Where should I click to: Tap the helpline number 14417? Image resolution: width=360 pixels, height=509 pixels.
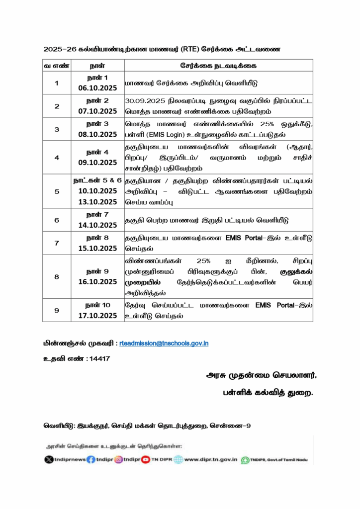[x=98, y=358]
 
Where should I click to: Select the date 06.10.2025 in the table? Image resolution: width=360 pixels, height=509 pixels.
[x=97, y=87]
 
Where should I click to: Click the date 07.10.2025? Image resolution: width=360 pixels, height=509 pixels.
[x=97, y=111]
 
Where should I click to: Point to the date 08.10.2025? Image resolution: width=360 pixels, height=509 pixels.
[x=97, y=134]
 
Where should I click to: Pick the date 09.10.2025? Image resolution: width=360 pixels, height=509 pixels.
[x=97, y=162]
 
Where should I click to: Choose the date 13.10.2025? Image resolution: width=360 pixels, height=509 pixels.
[x=97, y=202]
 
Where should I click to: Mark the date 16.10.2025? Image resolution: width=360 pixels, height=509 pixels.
[x=97, y=281]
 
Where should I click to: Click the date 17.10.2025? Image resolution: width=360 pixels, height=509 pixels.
[x=97, y=315]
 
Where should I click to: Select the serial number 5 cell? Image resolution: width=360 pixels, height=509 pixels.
[x=57, y=191]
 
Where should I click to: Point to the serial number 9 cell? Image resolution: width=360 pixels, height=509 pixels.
[x=57, y=310]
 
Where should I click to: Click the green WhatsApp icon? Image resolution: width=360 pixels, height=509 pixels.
[x=245, y=460]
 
